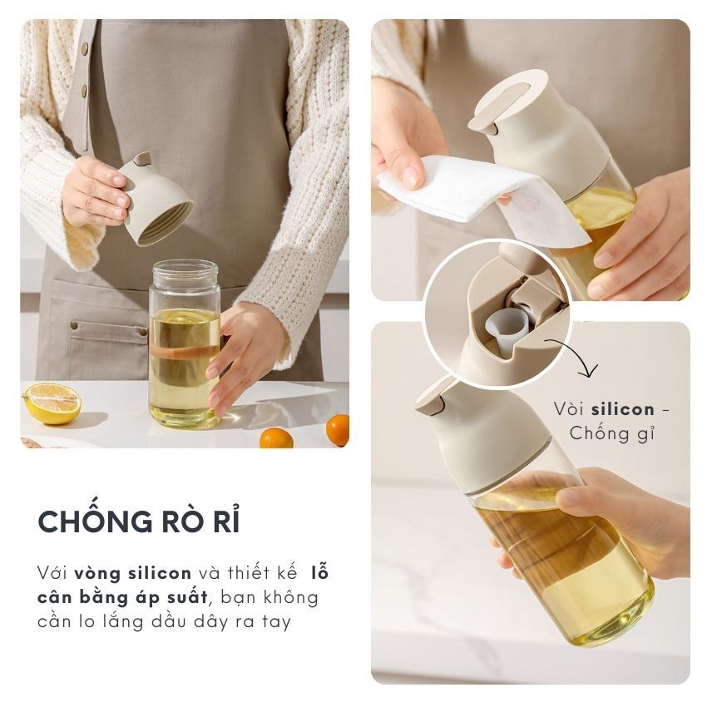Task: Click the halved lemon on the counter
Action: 52,403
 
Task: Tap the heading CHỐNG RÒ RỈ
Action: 139,522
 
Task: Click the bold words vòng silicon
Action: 133,574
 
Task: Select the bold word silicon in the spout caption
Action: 623,409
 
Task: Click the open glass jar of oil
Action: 185,344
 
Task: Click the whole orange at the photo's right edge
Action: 338,430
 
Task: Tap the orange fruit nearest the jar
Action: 276,438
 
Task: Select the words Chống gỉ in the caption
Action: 611,433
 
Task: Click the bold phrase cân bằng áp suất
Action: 122,598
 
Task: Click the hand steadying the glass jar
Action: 244,352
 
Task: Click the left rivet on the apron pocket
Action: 73,325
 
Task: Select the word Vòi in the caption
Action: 568,409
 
